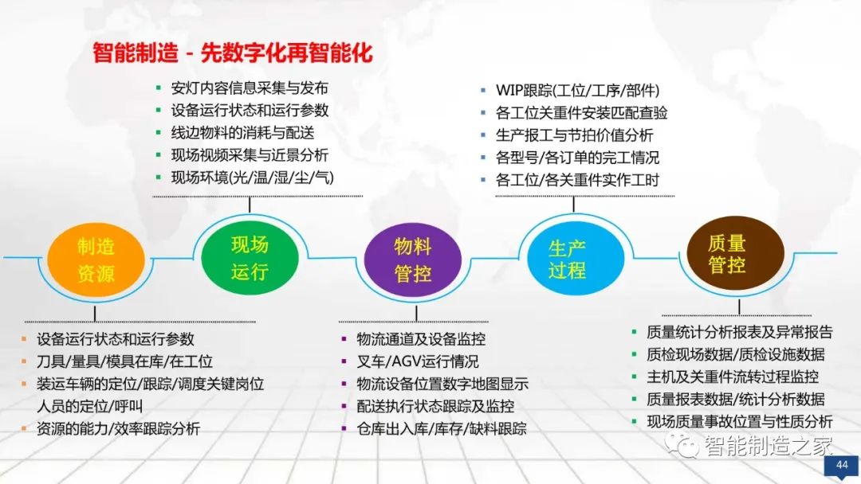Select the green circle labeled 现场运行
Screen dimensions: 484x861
[249, 258]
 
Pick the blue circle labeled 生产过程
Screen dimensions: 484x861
[567, 258]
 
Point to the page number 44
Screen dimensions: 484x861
[841, 465]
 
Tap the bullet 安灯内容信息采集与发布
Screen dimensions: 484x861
[250, 88]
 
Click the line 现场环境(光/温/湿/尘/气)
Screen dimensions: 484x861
[252, 178]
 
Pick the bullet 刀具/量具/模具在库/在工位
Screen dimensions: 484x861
[124, 361]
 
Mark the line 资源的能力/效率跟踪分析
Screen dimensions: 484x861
[118, 428]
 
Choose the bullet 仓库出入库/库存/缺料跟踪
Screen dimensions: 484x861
[442, 428]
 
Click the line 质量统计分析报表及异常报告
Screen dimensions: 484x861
[740, 332]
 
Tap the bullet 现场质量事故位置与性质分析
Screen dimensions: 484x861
[740, 421]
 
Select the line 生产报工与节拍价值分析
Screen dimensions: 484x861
[574, 135]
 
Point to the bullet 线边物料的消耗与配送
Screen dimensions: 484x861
[243, 133]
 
